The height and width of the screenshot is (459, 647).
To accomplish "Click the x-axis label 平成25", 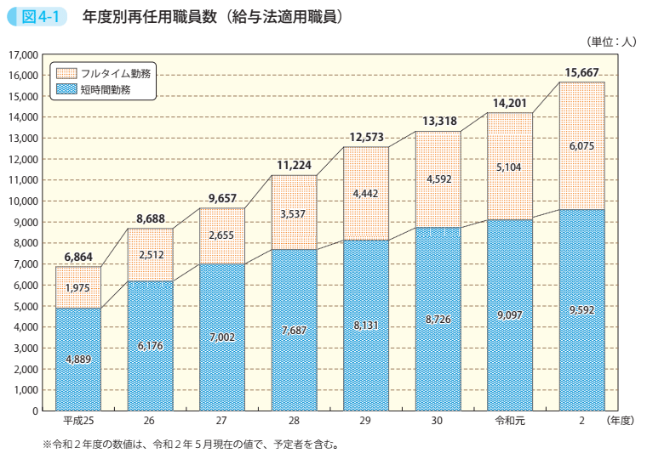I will [77, 422].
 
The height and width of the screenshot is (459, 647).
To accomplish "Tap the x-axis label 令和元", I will [509, 422].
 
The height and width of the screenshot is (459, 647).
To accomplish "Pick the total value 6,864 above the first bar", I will [78, 256].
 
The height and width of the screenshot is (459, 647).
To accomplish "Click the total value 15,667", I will [581, 71].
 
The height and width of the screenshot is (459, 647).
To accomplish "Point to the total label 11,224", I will [294, 165].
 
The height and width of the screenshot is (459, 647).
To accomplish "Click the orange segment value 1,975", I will [78, 288].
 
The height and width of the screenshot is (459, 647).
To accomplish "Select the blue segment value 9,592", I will [581, 310].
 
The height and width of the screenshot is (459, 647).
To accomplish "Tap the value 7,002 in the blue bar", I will [221, 337].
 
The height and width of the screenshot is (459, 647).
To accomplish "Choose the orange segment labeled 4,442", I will [366, 194].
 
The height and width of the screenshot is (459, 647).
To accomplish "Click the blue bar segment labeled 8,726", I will [438, 319].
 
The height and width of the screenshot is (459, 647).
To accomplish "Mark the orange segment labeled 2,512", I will [150, 254].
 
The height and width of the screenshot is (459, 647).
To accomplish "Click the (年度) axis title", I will [621, 422].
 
